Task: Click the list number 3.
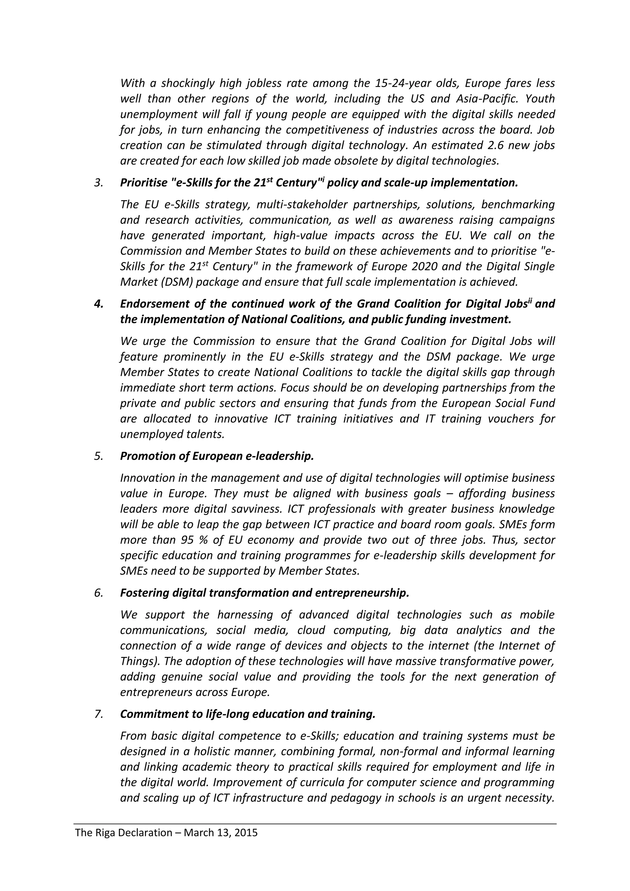click(98, 183)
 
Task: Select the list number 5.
click(98, 456)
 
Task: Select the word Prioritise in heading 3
click(144, 183)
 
